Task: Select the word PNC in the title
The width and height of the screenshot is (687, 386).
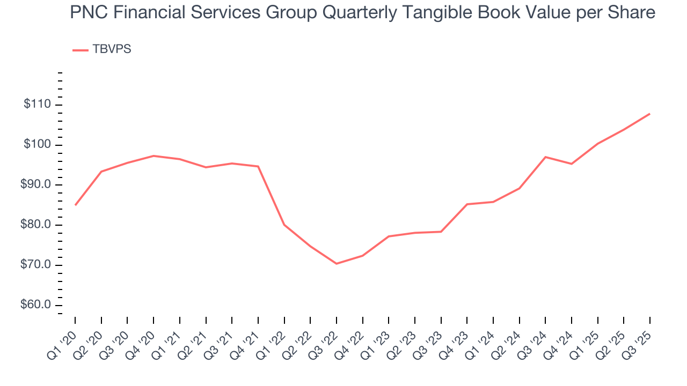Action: tap(87, 12)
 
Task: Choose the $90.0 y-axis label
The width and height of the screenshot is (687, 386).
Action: tap(37, 185)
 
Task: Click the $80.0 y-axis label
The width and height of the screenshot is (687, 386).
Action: tap(37, 225)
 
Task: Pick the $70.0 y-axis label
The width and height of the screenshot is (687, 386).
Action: tap(37, 265)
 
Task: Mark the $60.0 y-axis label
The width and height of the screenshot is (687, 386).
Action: tap(37, 305)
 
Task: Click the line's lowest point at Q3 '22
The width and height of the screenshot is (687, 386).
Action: tap(337, 264)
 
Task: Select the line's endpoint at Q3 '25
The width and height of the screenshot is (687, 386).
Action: tap(650, 114)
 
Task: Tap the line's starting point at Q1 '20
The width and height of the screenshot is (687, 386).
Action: tap(75, 205)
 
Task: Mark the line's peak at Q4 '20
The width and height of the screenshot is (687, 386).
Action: tap(154, 155)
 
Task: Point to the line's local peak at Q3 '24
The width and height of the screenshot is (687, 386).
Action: tap(545, 157)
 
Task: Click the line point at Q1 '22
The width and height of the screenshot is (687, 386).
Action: tap(284, 225)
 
